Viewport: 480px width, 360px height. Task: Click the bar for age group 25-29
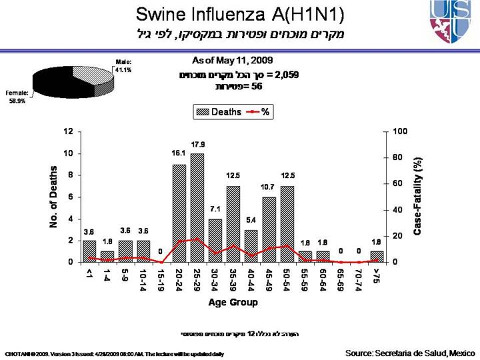pos(197,208)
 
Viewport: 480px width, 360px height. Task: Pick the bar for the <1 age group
pos(89,251)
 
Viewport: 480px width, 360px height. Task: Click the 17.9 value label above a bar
pos(197,145)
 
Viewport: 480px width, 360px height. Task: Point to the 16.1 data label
pos(179,153)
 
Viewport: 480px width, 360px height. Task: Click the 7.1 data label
pos(215,209)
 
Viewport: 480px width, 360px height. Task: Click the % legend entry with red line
pos(257,112)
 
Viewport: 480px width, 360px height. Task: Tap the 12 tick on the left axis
pos(68,131)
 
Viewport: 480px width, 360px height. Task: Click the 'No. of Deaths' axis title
pos(54,197)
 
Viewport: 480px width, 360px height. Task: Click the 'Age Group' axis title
pos(233,302)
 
